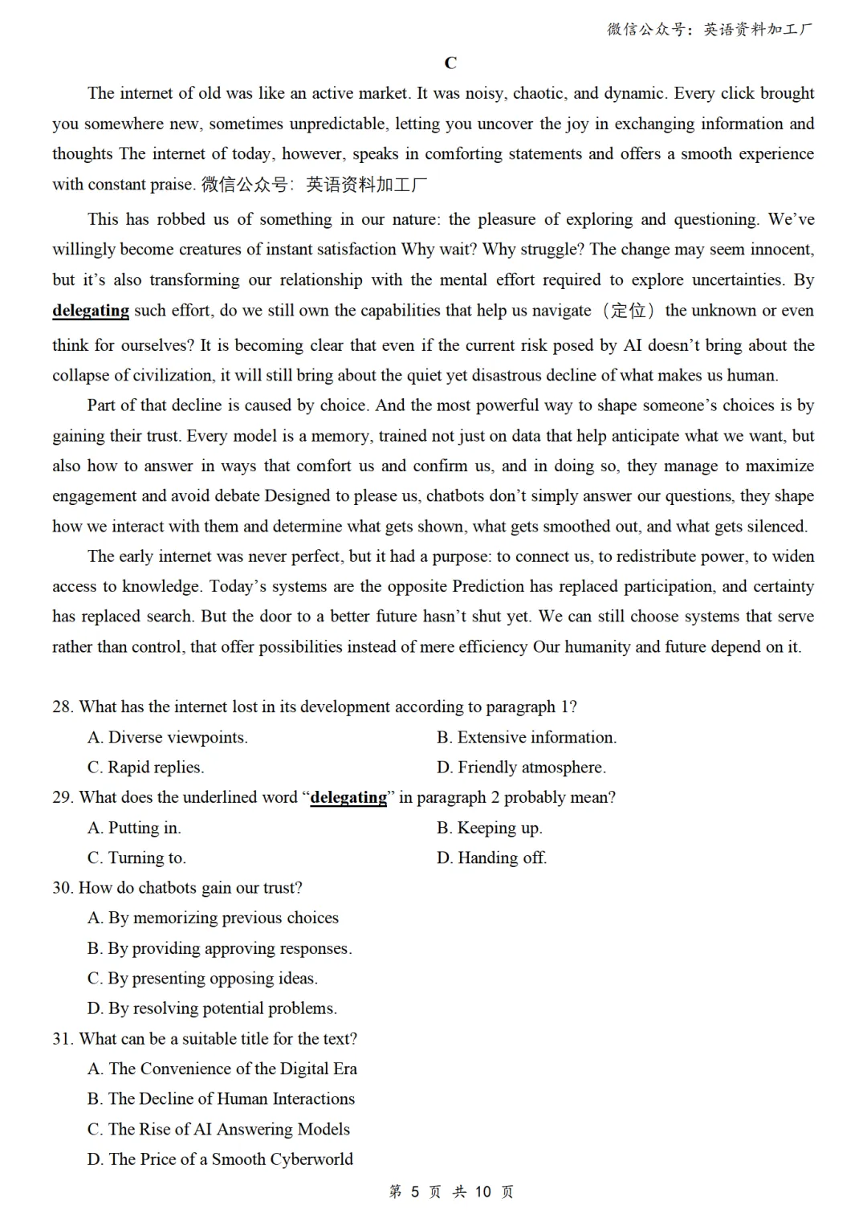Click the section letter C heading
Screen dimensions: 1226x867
pyautogui.click(x=450, y=63)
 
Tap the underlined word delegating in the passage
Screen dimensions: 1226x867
pyautogui.click(x=91, y=311)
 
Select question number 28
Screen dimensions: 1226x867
pyautogui.click(x=63, y=707)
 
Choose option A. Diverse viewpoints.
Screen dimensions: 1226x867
pyautogui.click(x=167, y=738)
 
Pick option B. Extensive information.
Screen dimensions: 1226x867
pyautogui.click(x=526, y=738)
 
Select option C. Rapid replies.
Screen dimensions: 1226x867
pyautogui.click(x=145, y=768)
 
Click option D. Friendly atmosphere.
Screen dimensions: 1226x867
pyautogui.click(x=521, y=768)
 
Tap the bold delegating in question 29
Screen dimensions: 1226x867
pyautogui.click(x=348, y=798)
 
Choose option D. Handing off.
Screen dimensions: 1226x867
pyautogui.click(x=491, y=858)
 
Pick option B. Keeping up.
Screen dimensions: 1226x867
pyautogui.click(x=489, y=828)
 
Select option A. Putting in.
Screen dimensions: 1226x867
pyautogui.click(x=134, y=828)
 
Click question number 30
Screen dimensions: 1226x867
pyautogui.click(x=63, y=888)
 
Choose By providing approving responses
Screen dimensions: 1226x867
pyautogui.click(x=219, y=948)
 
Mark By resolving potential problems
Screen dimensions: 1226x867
pyautogui.click(x=212, y=1008)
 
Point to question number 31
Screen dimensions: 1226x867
pyautogui.click(x=63, y=1039)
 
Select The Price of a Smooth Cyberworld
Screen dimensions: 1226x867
pyautogui.click(x=220, y=1159)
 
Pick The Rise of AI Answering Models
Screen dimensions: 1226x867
pyautogui.click(x=218, y=1130)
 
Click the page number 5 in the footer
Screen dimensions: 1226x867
pyautogui.click(x=414, y=1192)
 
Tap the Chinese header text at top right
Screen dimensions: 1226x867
pyautogui.click(x=710, y=30)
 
